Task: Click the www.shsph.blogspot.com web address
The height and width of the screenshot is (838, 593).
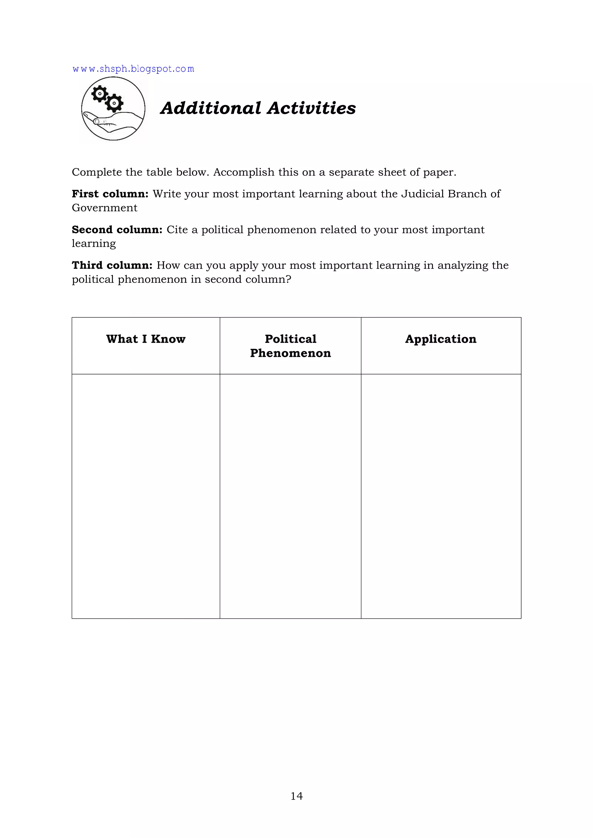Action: coord(133,69)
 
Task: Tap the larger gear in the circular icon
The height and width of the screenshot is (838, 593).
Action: coord(114,103)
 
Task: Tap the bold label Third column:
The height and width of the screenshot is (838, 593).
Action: coord(112,265)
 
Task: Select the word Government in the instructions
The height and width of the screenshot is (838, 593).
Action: coord(105,208)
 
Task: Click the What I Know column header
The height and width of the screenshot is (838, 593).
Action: coord(146,339)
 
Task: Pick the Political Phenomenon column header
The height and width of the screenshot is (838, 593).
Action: coord(290,346)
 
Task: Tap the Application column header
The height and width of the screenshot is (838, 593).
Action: coord(441,339)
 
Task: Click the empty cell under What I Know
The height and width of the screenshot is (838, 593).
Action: coord(146,496)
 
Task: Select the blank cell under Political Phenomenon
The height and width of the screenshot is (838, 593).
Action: coord(290,496)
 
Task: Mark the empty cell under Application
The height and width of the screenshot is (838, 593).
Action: coord(441,496)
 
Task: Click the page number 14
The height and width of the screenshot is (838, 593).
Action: coord(296,796)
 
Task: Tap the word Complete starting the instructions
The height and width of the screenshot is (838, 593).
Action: coord(97,172)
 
